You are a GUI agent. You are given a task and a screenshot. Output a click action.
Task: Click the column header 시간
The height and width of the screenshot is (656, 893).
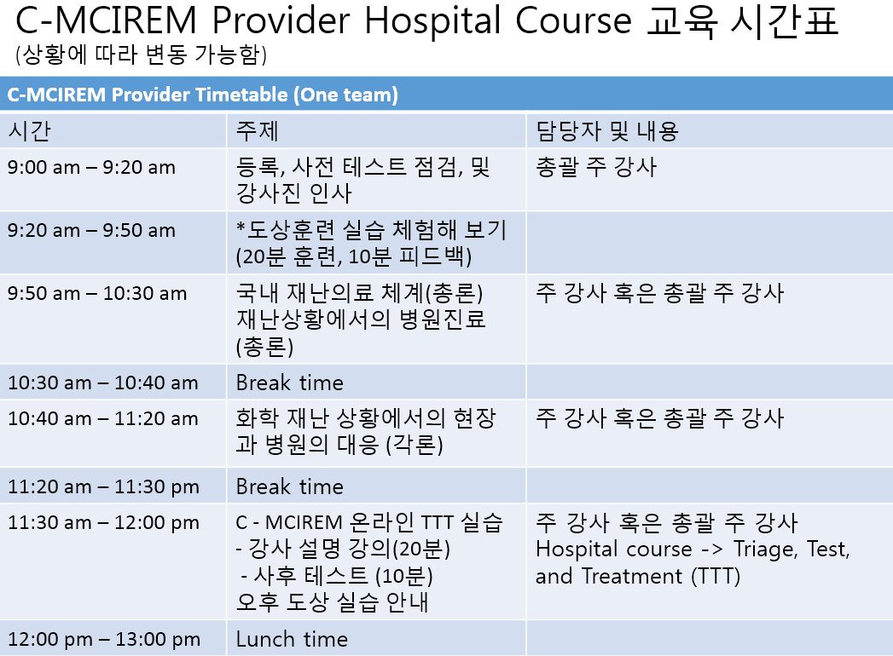(x=30, y=131)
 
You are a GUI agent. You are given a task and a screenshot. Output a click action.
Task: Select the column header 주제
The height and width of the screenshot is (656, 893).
(x=258, y=131)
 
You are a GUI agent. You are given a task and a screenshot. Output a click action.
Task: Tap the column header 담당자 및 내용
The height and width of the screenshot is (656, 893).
(x=607, y=131)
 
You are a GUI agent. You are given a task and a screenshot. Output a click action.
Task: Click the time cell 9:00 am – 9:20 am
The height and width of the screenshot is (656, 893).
(x=92, y=167)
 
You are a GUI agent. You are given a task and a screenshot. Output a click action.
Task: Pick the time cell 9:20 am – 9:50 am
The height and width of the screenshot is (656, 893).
(x=92, y=230)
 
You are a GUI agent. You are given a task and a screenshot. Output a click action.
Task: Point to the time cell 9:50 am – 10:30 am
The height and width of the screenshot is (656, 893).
(x=97, y=294)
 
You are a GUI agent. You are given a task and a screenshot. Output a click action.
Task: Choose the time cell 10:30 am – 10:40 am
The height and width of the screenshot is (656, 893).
(x=103, y=383)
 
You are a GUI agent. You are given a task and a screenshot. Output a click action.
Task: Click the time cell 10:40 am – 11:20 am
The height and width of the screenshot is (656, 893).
(x=103, y=419)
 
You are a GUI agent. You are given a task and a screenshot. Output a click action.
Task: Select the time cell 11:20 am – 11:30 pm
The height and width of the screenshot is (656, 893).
(x=104, y=487)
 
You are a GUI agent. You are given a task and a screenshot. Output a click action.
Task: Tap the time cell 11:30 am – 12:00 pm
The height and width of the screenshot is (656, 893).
(x=104, y=523)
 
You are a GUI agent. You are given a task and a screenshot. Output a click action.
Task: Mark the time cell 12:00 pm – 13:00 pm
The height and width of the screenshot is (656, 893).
(x=104, y=640)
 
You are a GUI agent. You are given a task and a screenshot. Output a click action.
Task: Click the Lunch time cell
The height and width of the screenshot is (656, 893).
(x=292, y=639)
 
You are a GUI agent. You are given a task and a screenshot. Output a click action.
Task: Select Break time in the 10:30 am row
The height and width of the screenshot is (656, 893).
(x=290, y=383)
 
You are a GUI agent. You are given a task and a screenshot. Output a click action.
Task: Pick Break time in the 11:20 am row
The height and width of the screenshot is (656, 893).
(x=290, y=487)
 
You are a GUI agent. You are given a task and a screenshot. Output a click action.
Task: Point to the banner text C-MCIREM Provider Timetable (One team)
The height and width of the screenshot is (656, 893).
(x=202, y=95)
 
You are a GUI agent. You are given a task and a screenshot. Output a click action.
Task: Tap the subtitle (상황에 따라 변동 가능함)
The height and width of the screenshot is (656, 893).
(x=142, y=55)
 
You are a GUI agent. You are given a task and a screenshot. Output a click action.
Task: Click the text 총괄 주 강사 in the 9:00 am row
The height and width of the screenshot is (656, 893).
(x=596, y=167)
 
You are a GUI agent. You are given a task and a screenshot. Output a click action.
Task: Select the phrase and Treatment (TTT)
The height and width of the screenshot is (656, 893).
(x=638, y=577)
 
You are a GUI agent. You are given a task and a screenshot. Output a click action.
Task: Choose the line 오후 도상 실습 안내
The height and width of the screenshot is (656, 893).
(x=332, y=602)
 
